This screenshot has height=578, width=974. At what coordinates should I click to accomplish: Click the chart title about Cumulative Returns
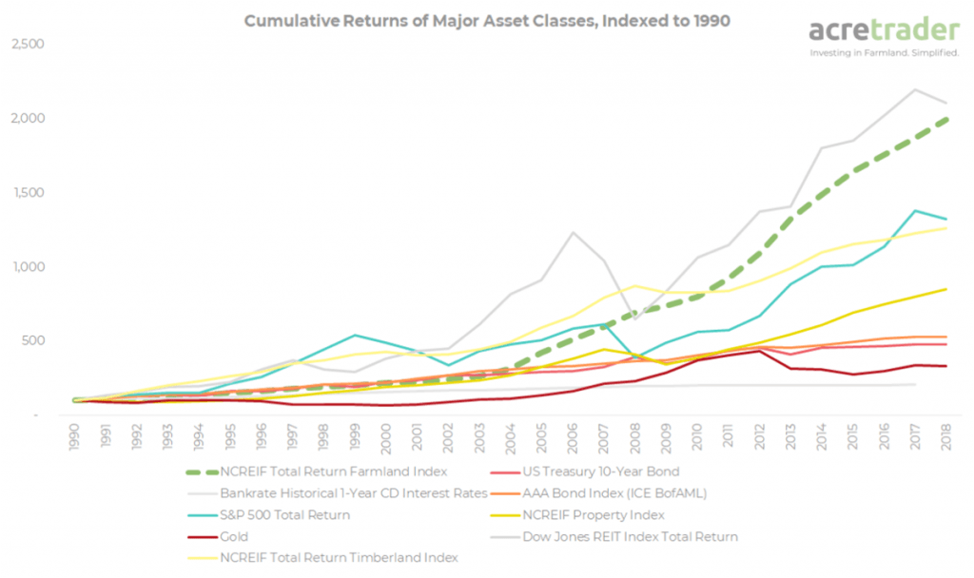tap(487, 20)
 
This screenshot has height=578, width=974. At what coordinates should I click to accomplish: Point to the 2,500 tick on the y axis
tap(29, 45)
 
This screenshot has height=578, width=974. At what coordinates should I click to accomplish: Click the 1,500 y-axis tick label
tap(29, 193)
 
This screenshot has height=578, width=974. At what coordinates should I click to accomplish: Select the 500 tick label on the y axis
tap(35, 340)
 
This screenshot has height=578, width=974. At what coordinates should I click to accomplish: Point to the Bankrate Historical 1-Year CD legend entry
tap(353, 492)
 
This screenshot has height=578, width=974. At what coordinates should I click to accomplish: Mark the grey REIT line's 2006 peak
tap(574, 232)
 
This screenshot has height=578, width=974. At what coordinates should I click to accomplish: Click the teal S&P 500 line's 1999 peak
tap(354, 335)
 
